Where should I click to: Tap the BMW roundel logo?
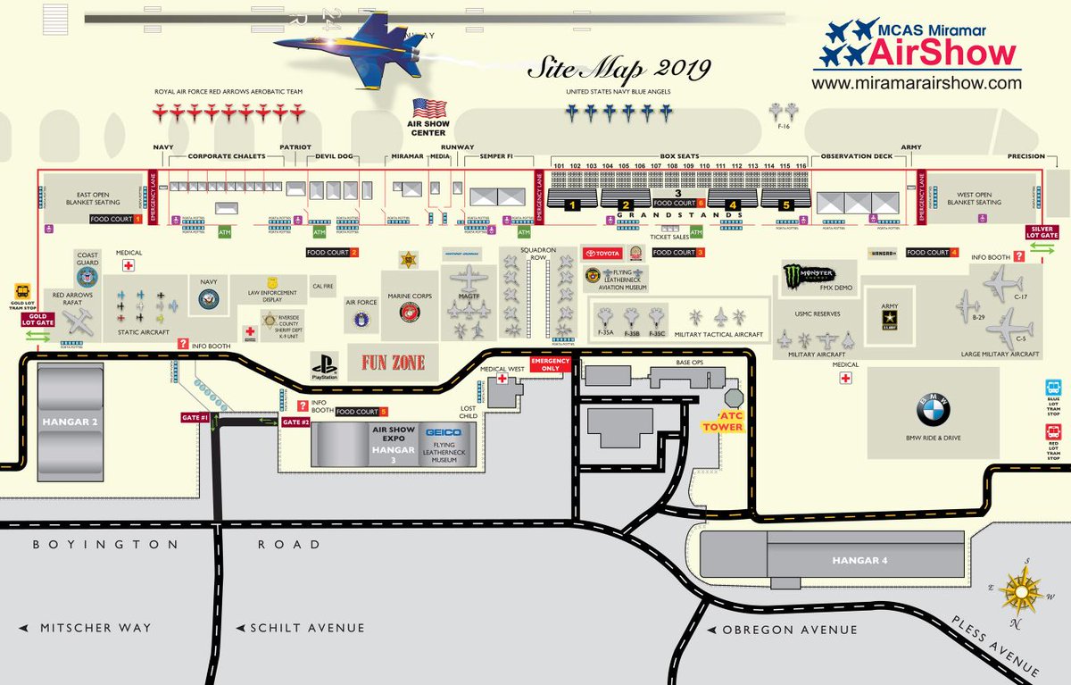(933, 412)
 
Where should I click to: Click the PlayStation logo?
(324, 366)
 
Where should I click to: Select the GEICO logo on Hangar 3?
(442, 432)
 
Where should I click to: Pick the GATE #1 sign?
(195, 417)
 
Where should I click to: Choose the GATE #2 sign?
(295, 422)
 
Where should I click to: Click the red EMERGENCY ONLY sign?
(549, 363)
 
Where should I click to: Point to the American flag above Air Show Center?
(428, 110)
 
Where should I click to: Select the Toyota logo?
(602, 253)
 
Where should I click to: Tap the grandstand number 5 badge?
(786, 205)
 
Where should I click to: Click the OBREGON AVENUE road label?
(790, 630)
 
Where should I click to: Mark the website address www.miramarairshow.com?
(916, 82)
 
